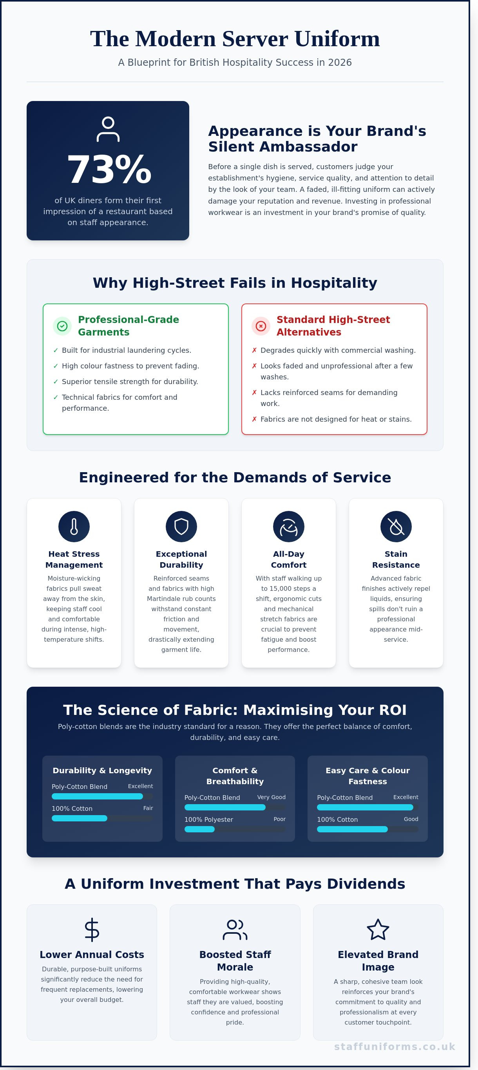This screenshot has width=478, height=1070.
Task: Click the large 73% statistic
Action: click(x=109, y=170)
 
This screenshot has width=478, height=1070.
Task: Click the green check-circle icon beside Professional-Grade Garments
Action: click(x=62, y=326)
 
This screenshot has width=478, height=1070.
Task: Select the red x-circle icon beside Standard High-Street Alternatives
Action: click(x=261, y=326)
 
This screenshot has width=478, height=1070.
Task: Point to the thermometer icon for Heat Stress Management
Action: click(x=74, y=526)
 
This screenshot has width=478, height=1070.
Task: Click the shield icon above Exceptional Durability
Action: click(x=181, y=526)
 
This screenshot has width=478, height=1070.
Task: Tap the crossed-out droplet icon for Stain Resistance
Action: click(x=396, y=526)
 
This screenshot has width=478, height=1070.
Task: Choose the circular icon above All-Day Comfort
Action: click(x=289, y=526)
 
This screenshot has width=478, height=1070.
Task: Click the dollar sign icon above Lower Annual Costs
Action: click(x=92, y=929)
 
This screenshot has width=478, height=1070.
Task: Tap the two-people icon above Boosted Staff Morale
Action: click(x=235, y=929)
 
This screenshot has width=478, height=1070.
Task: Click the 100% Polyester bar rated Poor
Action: click(x=199, y=829)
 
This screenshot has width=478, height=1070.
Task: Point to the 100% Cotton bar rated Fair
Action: click(x=80, y=818)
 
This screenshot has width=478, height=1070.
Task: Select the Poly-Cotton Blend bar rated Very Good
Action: click(x=225, y=807)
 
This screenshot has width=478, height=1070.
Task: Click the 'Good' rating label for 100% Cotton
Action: click(x=411, y=819)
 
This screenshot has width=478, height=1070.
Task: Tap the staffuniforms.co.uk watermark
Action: click(x=395, y=1047)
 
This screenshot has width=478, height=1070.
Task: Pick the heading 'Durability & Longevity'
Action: click(x=102, y=770)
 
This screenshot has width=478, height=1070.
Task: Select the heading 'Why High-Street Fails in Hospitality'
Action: click(x=235, y=283)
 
